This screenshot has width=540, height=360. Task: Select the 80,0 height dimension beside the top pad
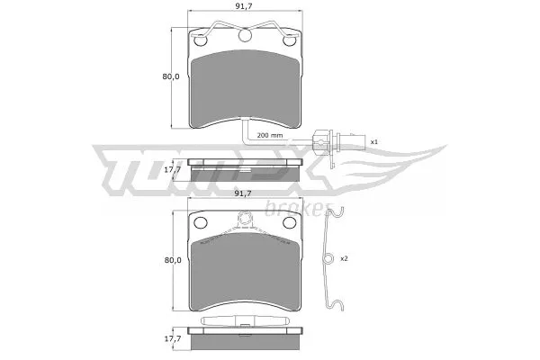[171, 76]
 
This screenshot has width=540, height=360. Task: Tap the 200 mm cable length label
[269, 135]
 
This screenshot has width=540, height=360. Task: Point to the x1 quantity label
[374, 141]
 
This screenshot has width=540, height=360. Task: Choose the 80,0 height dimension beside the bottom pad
[171, 259]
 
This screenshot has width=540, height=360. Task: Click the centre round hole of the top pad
[245, 36]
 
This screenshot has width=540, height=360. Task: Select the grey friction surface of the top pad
[245, 85]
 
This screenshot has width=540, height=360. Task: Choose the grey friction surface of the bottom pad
[245, 270]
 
